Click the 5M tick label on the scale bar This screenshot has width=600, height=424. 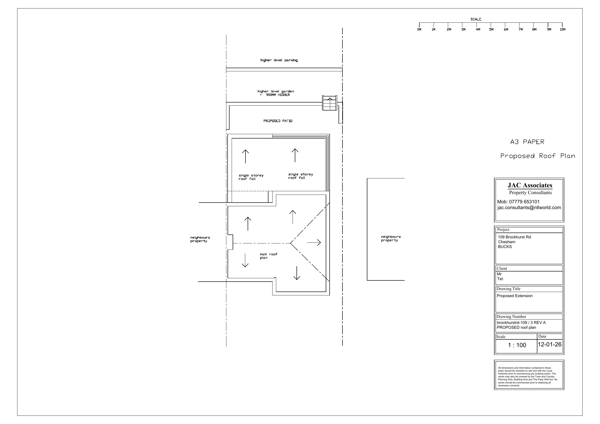491,29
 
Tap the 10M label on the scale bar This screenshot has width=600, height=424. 562,29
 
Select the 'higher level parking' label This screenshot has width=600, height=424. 279,60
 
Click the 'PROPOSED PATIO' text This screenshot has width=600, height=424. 278,121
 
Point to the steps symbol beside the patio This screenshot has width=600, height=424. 330,103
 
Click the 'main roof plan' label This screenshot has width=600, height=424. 268,256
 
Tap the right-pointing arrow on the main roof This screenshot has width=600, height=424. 314,243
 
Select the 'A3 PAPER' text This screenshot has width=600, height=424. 527,142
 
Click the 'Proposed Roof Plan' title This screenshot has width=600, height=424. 538,156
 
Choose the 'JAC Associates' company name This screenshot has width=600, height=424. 530,185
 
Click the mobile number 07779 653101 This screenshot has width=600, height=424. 524,202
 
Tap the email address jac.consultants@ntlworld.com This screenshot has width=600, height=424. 529,208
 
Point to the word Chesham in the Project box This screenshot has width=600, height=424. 506,242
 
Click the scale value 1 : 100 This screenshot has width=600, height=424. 517,345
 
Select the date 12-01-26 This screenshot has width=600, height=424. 549,344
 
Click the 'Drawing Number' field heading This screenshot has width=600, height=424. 511,317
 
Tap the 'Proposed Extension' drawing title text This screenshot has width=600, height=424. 515,296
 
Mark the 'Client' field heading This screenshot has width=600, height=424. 502,269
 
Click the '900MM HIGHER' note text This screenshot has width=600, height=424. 278,95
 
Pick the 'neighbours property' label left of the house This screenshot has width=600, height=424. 200,239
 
